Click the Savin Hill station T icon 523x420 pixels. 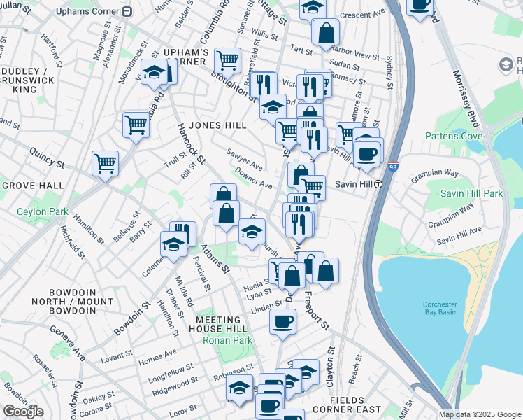[x=378, y=184]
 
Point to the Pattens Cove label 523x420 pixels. [x=448, y=135]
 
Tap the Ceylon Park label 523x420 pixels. [x=34, y=211]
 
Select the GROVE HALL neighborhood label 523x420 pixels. [x=33, y=185]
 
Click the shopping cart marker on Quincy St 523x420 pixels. [x=105, y=163]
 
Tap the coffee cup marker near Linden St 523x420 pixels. [x=282, y=321]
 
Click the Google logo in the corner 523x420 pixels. [x=23, y=412]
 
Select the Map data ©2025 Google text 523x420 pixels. [x=480, y=414]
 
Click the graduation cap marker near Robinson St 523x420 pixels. [x=239, y=388]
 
